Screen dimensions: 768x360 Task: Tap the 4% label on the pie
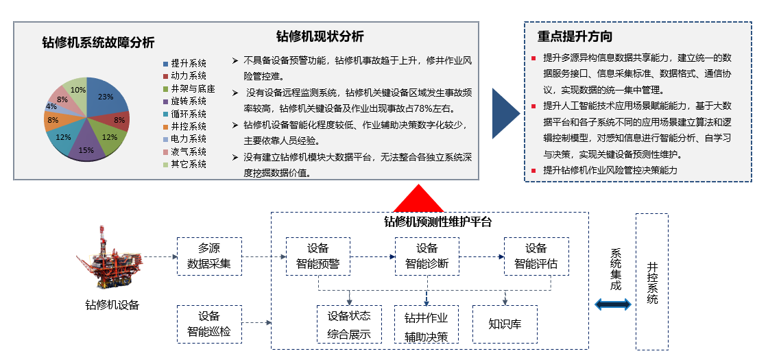coord(51,106)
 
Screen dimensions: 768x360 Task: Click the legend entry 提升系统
coord(184,64)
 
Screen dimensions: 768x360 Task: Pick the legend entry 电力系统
coord(184,139)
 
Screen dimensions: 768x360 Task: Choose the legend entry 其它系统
coord(184,165)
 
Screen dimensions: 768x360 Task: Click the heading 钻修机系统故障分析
coord(99,43)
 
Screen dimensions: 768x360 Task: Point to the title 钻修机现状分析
coord(320,36)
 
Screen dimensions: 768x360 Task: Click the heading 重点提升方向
coord(575,36)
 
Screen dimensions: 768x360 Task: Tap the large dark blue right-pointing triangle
coord(505,114)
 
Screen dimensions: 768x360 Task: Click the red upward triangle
coord(419,200)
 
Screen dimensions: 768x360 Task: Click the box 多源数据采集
coord(209,256)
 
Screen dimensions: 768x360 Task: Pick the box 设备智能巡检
coord(209,324)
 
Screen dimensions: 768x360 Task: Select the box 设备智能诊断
coord(427,256)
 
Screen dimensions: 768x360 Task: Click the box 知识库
coord(505,324)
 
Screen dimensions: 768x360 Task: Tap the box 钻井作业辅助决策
coord(426,324)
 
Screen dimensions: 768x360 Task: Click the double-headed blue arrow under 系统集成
coord(613,304)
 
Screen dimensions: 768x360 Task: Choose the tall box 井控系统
coord(652,282)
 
